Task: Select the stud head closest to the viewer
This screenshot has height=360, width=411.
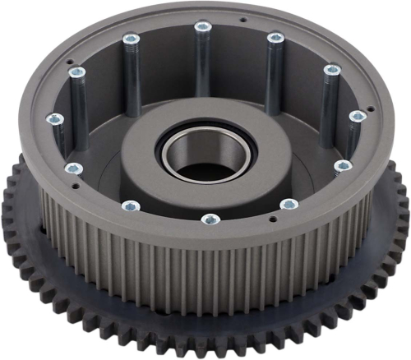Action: point(210,219)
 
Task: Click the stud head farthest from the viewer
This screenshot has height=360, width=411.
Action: point(202,27)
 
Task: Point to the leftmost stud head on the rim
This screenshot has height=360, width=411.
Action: point(54,119)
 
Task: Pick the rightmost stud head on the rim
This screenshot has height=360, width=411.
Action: point(357,117)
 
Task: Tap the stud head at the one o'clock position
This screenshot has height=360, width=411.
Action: point(275,37)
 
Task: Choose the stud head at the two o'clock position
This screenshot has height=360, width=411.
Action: point(331,70)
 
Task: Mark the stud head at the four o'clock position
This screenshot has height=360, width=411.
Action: point(343,166)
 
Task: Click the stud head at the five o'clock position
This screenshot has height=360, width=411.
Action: point(288,204)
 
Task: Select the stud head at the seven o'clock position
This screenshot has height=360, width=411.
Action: point(130,205)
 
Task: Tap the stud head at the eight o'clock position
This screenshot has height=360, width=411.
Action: point(73,168)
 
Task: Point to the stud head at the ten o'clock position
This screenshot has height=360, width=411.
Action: point(76,72)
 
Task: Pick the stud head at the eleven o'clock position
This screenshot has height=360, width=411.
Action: point(129,38)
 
